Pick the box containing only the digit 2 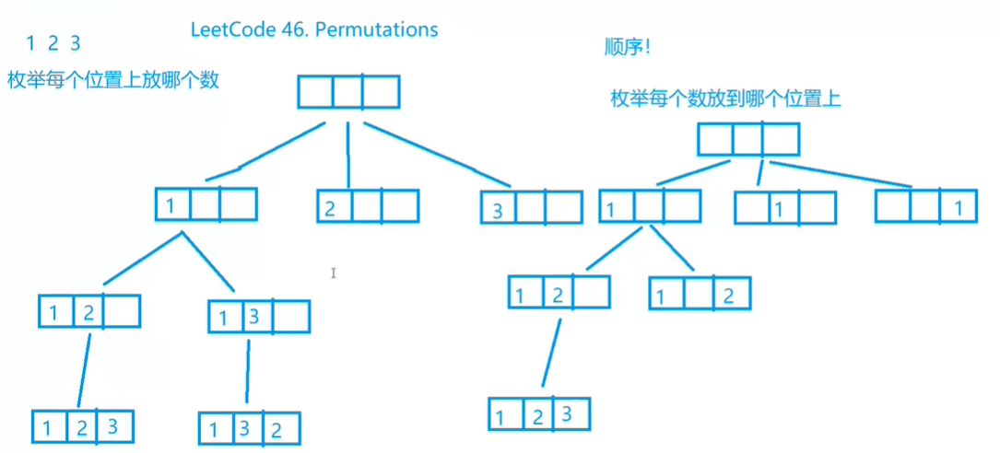point(368,206)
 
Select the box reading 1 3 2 point(250,428)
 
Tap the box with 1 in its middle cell point(784,208)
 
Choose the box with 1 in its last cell point(925,206)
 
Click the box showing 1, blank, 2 point(700,294)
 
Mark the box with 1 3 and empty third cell point(259,317)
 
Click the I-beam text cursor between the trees point(334,273)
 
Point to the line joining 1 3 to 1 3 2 point(248,373)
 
